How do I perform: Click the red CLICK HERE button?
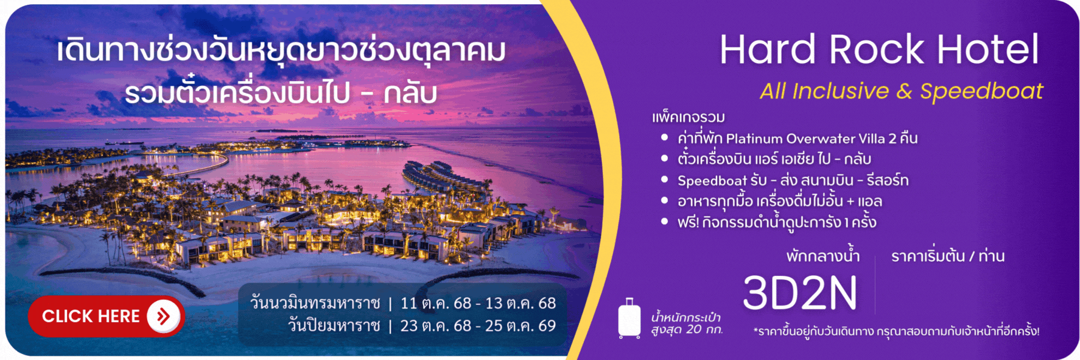(x=106, y=316)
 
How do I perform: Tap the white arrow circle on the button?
(x=163, y=316)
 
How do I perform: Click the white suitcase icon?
(x=629, y=318)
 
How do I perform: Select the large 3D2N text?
(x=800, y=293)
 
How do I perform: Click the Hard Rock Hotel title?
(x=879, y=49)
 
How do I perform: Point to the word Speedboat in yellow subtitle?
(x=982, y=91)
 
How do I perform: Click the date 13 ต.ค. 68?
(x=520, y=303)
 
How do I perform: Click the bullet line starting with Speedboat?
(x=793, y=180)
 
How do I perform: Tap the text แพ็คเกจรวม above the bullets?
(x=688, y=117)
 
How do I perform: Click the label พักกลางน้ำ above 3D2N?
(x=823, y=256)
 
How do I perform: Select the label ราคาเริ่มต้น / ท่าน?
(x=948, y=256)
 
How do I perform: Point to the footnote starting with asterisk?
(x=896, y=331)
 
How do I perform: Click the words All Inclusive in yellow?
(x=824, y=91)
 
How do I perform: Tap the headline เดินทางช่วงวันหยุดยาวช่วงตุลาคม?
(x=281, y=50)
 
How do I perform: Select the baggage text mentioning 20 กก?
(x=686, y=323)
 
